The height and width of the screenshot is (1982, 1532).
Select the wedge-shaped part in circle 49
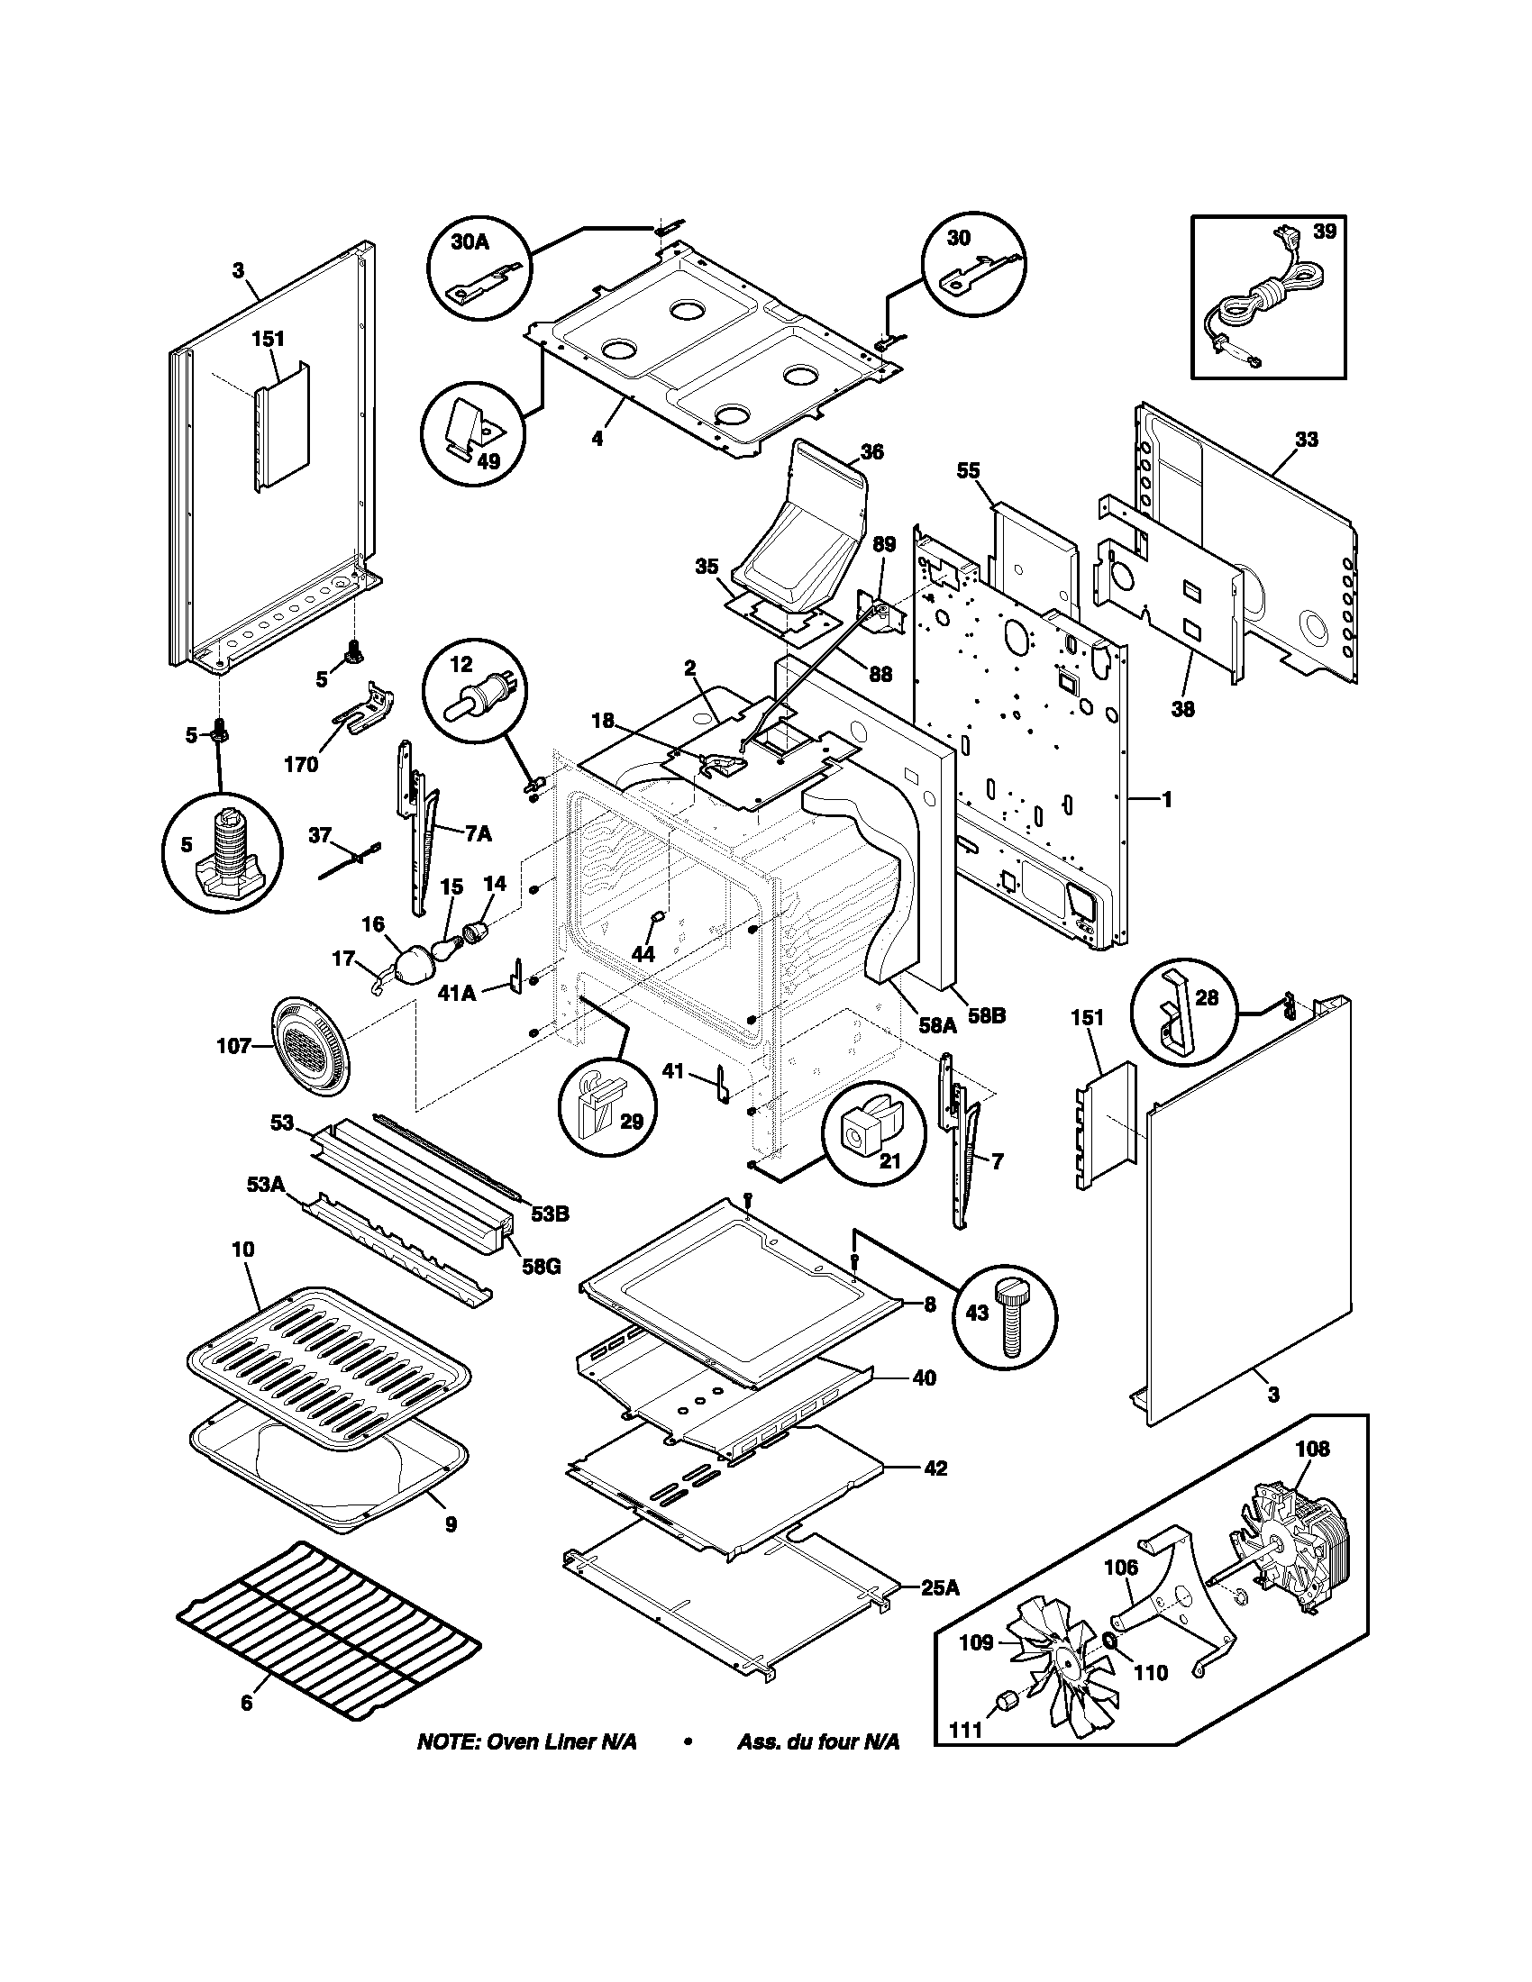470,424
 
